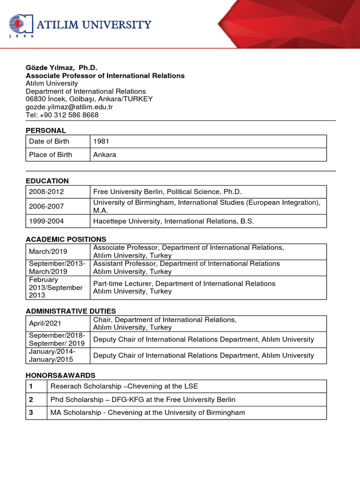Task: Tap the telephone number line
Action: (62, 115)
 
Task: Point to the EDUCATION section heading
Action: (47, 180)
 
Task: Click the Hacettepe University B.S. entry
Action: (173, 221)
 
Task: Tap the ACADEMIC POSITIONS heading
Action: (66, 239)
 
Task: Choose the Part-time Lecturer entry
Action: (184, 287)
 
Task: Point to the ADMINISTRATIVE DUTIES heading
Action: (70, 311)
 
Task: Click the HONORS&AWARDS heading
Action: (60, 375)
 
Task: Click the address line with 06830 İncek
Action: (89, 99)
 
